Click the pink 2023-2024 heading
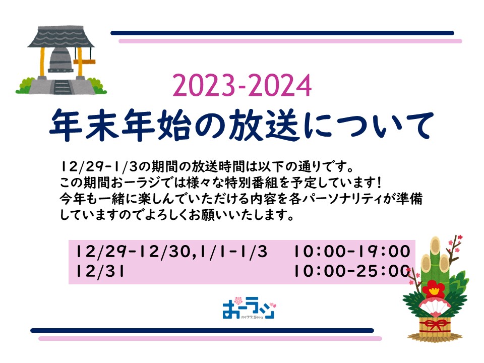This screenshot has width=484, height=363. tap(242, 86)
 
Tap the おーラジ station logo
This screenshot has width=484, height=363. tap(249, 308)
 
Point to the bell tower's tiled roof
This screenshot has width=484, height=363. tap(61, 37)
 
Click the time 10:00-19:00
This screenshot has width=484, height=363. tap(352, 251)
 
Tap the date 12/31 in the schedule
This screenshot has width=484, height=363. tap(100, 271)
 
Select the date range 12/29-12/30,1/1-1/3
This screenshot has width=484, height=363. tap(171, 252)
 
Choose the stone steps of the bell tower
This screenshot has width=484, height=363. tap(62, 87)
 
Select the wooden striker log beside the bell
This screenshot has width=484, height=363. tap(84, 62)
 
